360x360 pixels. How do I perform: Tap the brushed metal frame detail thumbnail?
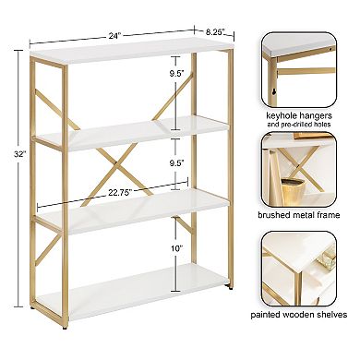(306, 172)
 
